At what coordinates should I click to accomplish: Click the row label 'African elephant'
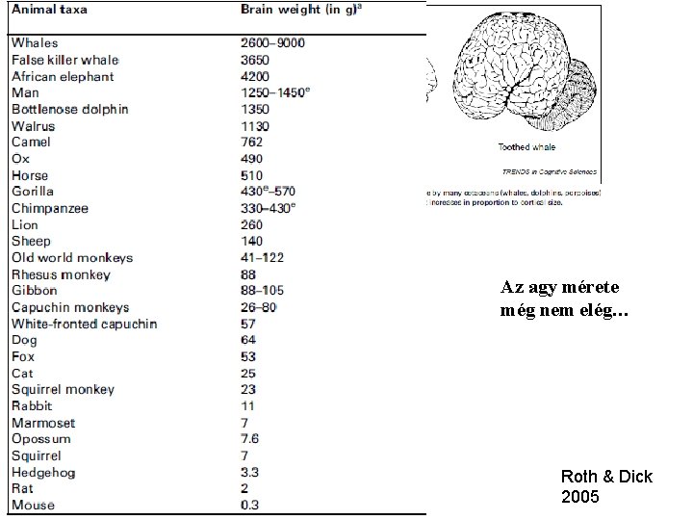coord(63,76)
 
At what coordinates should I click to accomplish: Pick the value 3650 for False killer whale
coord(255,60)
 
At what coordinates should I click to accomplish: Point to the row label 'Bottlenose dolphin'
coord(69,109)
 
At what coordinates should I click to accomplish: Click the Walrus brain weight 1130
coord(255,126)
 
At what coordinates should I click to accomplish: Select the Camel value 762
coord(251,143)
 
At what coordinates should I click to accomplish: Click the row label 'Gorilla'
coord(33,192)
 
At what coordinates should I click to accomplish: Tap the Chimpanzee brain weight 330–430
coord(269,208)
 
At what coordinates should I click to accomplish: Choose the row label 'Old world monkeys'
coord(72,257)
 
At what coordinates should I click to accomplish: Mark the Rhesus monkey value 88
coord(248,274)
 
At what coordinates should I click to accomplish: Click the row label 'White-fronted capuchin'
coord(84,324)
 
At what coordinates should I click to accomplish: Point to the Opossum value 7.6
coord(250,439)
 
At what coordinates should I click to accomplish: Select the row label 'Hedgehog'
coord(43,473)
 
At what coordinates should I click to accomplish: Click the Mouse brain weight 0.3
coord(250,506)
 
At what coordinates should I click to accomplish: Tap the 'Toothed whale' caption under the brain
coord(526,147)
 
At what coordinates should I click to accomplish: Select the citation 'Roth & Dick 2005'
coord(605,486)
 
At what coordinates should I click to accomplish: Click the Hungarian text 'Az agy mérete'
coord(559,286)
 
